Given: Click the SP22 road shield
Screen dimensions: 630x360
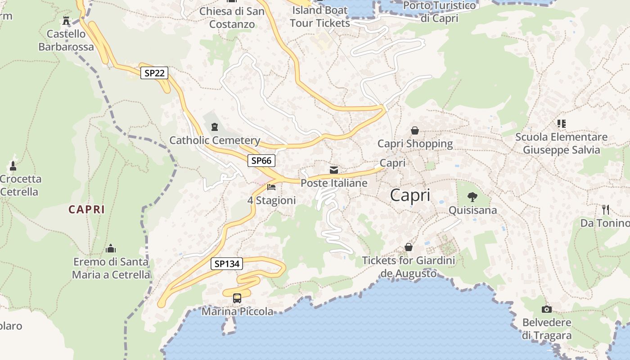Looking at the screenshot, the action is pos(154,73).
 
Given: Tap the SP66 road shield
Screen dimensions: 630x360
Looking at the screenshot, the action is pos(261,160).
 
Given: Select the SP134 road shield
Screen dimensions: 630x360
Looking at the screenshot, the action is pos(227,264).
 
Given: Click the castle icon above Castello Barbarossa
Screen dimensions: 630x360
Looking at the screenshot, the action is pos(66,21).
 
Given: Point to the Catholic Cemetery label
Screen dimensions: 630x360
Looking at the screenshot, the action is pos(215,140).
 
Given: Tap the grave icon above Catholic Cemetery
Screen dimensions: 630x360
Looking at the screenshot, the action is pos(215,126).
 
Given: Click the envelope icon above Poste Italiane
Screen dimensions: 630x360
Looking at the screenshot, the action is pos(334,170).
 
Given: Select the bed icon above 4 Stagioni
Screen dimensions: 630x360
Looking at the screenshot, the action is pos(271,187).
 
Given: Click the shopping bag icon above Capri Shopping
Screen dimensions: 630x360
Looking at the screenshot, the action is pos(415,130).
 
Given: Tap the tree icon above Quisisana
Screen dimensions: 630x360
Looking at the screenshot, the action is pos(472,197).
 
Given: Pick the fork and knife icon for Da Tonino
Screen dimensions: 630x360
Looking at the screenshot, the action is pos(606,209).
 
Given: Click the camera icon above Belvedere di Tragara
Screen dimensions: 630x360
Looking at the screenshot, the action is pos(547,309).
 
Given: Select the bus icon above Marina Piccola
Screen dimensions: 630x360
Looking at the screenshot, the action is pos(237,298).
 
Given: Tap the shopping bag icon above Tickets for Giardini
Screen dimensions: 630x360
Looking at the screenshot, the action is pos(409,247).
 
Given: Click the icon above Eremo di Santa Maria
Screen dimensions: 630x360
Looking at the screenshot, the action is pos(111,248).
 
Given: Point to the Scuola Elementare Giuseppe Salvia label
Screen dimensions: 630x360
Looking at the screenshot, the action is pos(561,143).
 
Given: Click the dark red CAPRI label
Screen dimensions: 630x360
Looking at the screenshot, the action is pos(87,209).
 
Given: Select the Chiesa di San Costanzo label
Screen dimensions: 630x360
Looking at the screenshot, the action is pos(232,17).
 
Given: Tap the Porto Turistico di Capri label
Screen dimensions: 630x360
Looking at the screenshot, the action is pos(439,12).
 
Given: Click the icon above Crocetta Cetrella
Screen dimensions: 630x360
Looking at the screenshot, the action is pos(13,166).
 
